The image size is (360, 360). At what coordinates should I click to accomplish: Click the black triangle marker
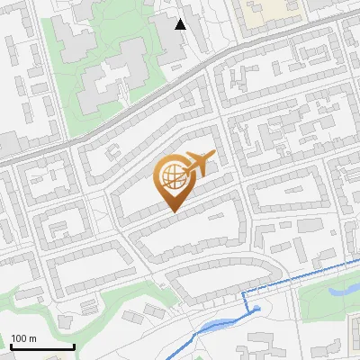(x=181, y=23)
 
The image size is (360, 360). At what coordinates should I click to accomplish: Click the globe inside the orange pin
(x=173, y=177)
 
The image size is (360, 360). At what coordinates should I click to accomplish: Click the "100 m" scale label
(x=23, y=338)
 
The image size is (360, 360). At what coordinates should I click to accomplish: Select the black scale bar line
(x=42, y=347)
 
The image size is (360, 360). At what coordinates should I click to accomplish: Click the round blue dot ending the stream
(x=257, y=309)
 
